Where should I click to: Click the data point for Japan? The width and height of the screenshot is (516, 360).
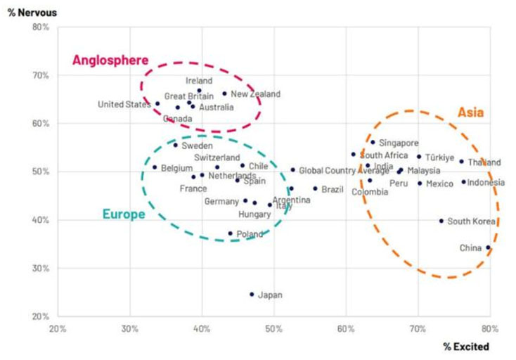coord(252,295)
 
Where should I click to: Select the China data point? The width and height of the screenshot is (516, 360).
coord(488,247)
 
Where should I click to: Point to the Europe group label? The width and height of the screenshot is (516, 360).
coord(124,214)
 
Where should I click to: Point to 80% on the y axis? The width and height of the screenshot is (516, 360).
coord(39,27)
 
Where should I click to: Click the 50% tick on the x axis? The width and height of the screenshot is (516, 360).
coord(273,328)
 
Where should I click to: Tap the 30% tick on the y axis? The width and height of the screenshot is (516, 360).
coord(39,268)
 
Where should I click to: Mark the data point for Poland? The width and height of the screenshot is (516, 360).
coord(230,233)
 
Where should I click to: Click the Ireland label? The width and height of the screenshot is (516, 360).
coord(199,81)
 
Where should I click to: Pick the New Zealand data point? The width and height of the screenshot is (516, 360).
coord(225,94)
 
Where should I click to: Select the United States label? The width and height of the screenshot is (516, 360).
coord(124,105)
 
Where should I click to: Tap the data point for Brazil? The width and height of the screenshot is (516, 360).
coord(315,188)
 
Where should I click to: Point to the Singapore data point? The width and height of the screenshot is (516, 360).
coord(373,142)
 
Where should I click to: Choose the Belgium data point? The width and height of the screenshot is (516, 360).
coord(155,167)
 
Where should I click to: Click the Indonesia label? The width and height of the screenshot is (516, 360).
coord(486,183)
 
